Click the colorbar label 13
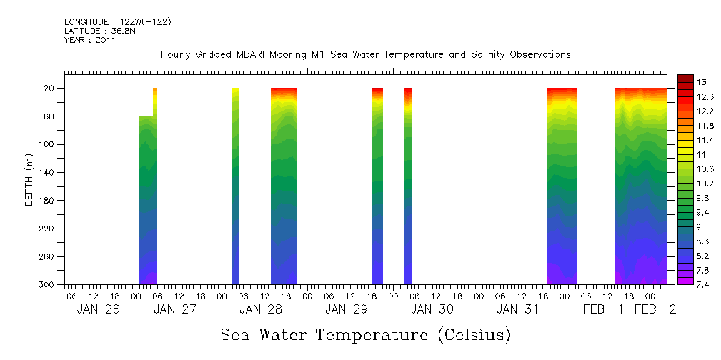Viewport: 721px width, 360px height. (x=702, y=82)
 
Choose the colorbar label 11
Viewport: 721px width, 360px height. (x=702, y=154)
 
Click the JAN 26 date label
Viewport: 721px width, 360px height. (x=97, y=309)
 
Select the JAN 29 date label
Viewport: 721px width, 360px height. (x=346, y=309)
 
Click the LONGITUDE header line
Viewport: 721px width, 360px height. (x=118, y=22)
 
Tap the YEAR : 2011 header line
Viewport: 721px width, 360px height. (x=90, y=40)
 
